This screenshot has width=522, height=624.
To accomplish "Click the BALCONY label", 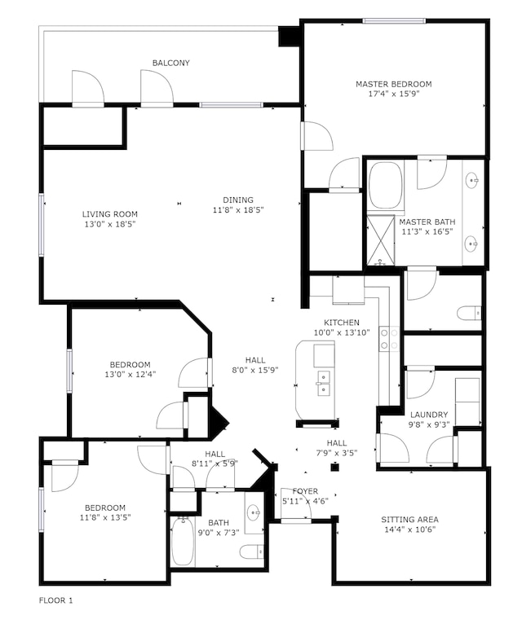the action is pos(171,63).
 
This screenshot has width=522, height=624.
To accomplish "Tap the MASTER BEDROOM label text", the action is pos(393,84).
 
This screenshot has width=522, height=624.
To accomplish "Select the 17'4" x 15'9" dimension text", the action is pos(393,94).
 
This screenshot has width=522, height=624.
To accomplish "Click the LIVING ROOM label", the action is pos(110,214).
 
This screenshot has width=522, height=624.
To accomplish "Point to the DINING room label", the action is pos(238,200).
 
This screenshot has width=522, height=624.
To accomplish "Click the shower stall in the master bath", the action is pos(381,239).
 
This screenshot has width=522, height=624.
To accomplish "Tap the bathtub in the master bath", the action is pos(385,185).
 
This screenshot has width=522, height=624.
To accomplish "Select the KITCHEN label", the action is pos(342,323).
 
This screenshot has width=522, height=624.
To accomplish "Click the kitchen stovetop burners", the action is pos(389,339).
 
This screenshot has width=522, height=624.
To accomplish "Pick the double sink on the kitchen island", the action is pos(324,383).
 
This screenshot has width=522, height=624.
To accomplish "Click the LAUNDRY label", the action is pos(429,415).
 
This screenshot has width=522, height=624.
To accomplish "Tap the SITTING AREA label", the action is pos(409,520).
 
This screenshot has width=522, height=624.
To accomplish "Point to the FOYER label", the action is pos(305,491).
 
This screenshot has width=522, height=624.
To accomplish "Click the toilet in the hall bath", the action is pos(252,552).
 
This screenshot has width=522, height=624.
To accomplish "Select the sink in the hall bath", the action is pos(254,512).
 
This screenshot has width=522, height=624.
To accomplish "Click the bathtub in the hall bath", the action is pos(183,541).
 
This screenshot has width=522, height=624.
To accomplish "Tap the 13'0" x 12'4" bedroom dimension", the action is pos(130,374).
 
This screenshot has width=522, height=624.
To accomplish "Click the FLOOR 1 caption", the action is pos(55,600).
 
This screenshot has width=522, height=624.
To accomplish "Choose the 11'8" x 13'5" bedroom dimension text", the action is pos(105,517).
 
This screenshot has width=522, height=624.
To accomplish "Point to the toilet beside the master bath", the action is pos(470,314).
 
